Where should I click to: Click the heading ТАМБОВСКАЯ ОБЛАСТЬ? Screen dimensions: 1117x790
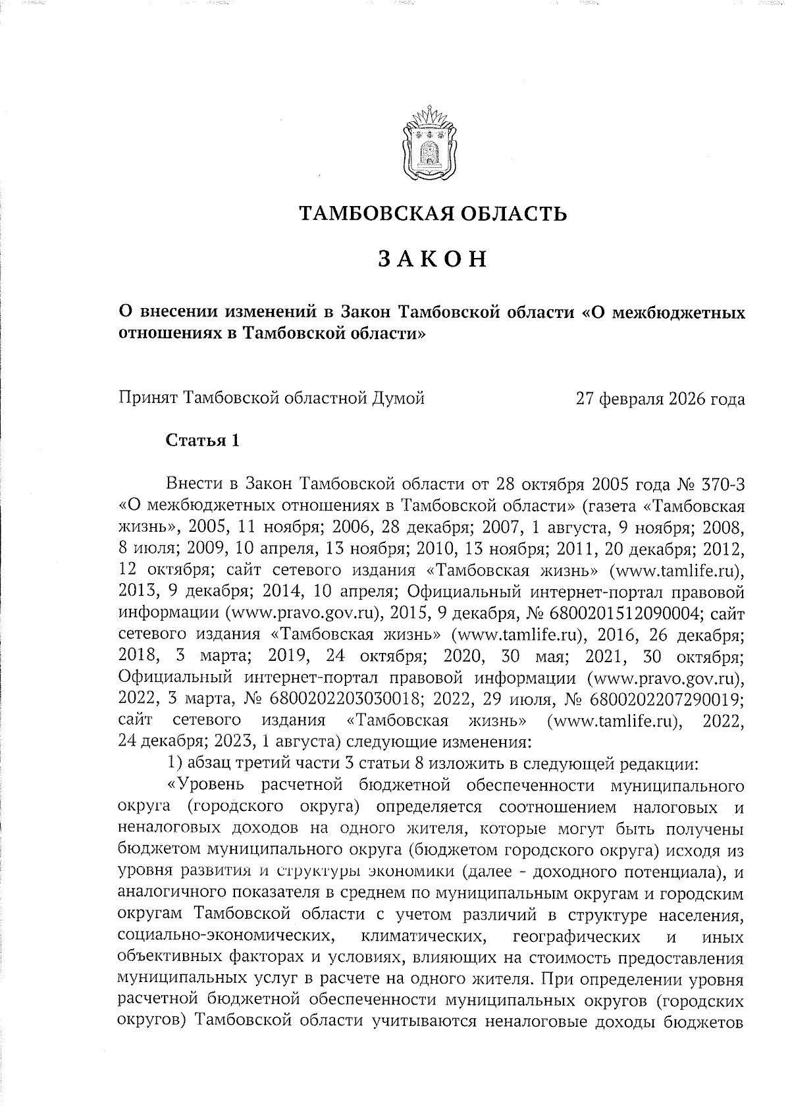tap(433, 213)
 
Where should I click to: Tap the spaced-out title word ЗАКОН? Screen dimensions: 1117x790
tap(433, 259)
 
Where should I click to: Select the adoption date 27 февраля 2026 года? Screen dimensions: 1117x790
tap(660, 399)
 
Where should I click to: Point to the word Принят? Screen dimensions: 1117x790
tap(147, 399)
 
